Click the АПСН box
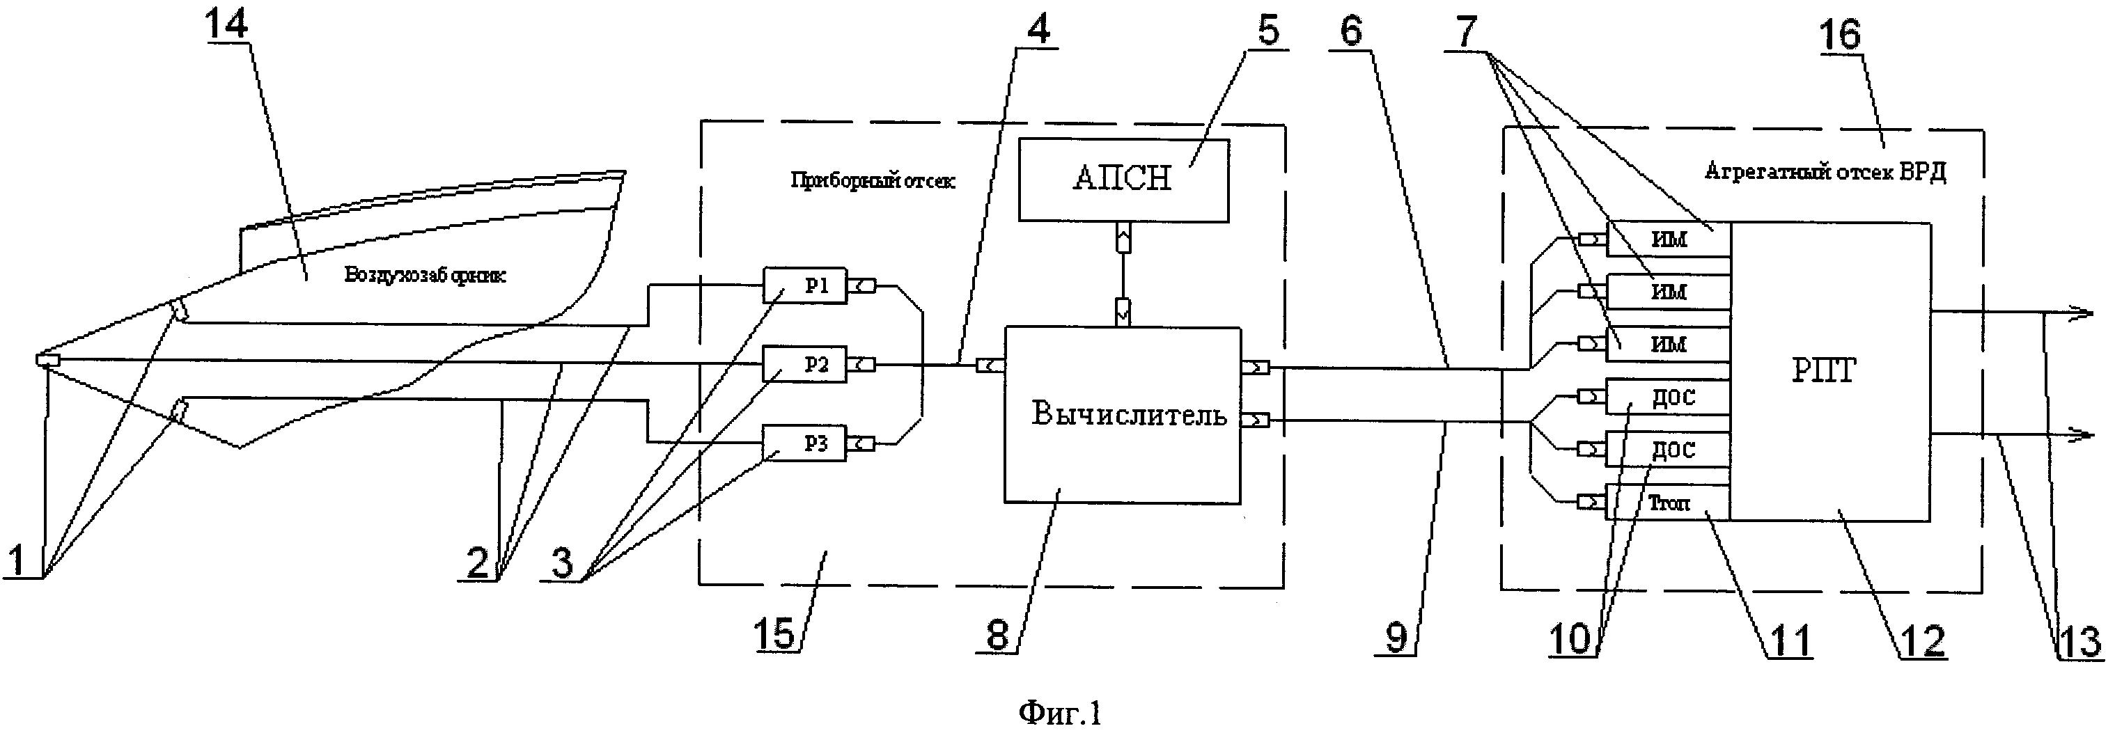1123,180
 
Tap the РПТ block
1830,371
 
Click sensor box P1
804,285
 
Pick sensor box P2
804,365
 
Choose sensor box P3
804,444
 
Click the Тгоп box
1667,503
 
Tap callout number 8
997,634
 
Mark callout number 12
1923,641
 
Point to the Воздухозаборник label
425,275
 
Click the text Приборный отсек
872,180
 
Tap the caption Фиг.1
1059,711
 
